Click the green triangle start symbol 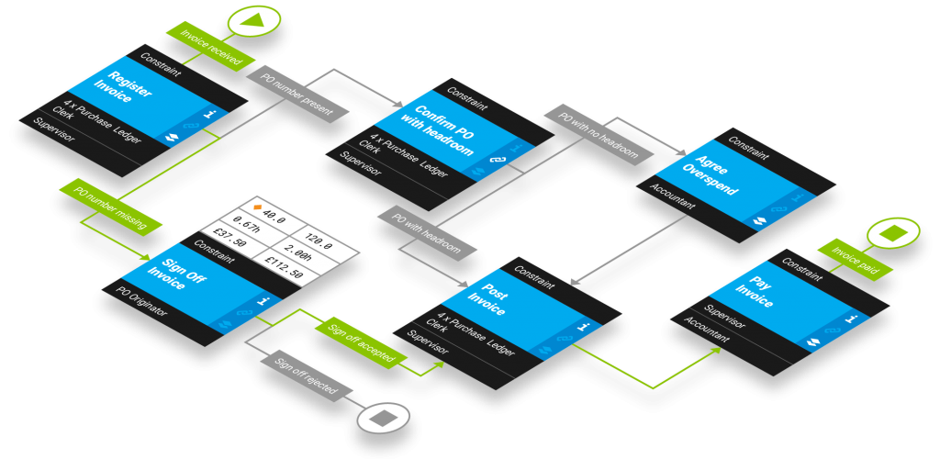[254, 19]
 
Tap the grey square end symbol [382, 419]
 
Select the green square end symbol [892, 233]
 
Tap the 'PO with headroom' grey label [428, 232]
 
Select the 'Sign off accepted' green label [361, 341]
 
